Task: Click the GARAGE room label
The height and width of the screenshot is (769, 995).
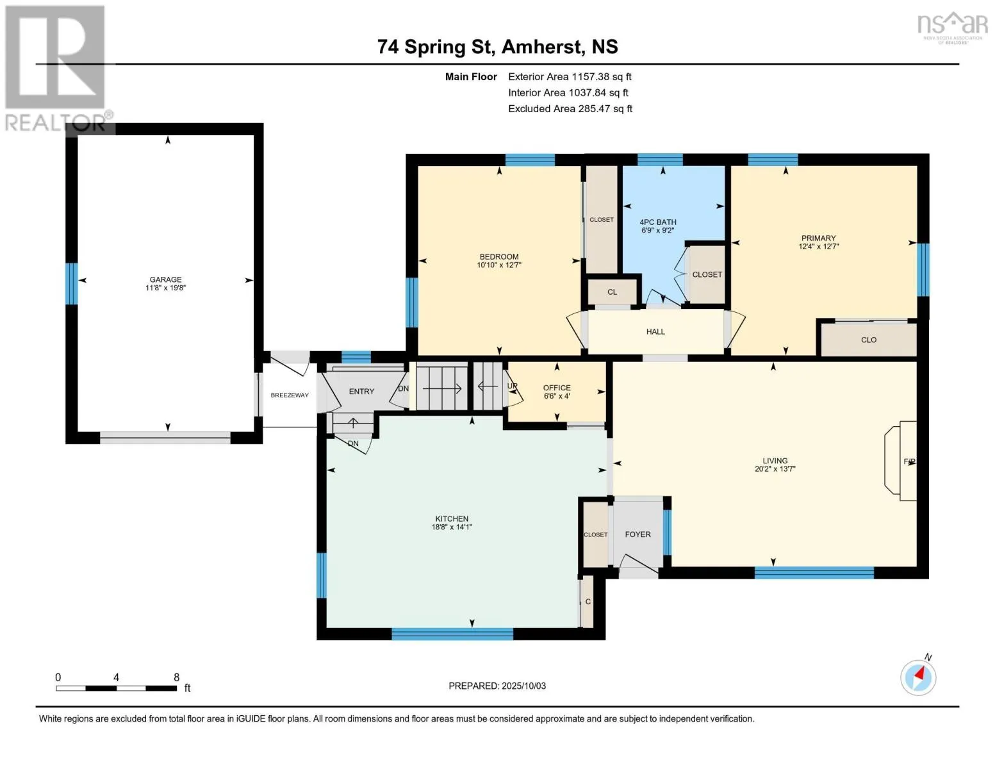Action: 165,279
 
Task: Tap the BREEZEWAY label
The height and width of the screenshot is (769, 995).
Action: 290,395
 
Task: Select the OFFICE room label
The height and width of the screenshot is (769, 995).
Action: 557,388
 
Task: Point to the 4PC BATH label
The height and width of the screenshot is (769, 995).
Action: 658,222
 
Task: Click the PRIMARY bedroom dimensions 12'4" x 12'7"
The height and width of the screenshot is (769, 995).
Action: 818,247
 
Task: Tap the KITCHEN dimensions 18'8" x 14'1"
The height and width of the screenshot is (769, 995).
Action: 452,527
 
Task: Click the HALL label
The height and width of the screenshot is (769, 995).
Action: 655,331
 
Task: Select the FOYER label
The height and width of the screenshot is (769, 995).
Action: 638,534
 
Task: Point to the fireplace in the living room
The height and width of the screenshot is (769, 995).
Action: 900,461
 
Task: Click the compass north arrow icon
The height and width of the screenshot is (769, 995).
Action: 918,678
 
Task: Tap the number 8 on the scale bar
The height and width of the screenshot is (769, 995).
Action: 176,677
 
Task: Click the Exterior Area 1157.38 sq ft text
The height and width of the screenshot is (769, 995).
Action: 570,77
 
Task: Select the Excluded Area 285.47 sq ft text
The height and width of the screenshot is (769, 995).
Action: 570,109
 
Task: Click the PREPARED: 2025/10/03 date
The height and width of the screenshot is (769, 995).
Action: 497,686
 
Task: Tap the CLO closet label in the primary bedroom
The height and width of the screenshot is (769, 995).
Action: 869,340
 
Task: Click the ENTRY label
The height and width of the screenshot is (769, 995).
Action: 361,391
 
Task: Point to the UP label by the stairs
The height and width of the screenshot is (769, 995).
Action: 512,386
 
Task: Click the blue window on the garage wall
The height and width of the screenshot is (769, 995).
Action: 71,283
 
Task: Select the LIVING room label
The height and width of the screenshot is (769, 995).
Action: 775,460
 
